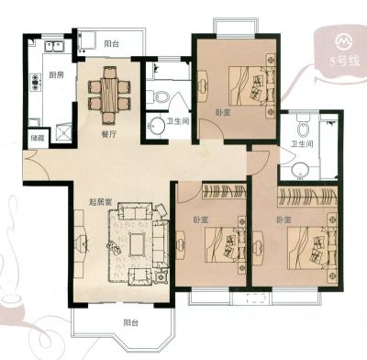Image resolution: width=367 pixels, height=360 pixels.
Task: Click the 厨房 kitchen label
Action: pos(57,74)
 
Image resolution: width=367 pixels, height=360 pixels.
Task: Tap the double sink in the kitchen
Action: pos(54,47)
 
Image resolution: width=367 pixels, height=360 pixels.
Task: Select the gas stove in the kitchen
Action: pos(36,82)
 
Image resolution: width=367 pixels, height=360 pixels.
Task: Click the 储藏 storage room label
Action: pos(38,138)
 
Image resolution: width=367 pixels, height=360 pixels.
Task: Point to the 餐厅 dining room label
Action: pos(109,134)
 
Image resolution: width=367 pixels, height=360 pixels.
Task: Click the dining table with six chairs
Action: pos(109,96)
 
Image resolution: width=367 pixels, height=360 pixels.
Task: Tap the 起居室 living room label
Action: pos(100,202)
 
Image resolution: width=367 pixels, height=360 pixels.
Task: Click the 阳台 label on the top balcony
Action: pos(111,44)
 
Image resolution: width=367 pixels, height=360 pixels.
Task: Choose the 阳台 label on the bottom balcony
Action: pos(131,322)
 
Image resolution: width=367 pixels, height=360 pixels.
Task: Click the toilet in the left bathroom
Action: pos(158,97)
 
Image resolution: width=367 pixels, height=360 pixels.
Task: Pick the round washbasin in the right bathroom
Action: pos(300,171)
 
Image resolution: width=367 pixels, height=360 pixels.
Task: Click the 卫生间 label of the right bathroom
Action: pos(302,143)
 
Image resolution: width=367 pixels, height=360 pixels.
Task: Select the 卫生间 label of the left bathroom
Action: pos(178,121)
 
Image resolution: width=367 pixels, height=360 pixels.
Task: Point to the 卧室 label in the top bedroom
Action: pos(223,112)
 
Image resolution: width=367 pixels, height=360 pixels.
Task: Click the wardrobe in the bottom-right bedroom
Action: pos(307,197)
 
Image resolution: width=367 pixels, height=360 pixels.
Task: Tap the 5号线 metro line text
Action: pos(345,62)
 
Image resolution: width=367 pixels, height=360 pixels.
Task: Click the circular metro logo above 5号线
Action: pos(345,40)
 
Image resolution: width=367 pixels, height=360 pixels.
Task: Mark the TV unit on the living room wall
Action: pos(80,243)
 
